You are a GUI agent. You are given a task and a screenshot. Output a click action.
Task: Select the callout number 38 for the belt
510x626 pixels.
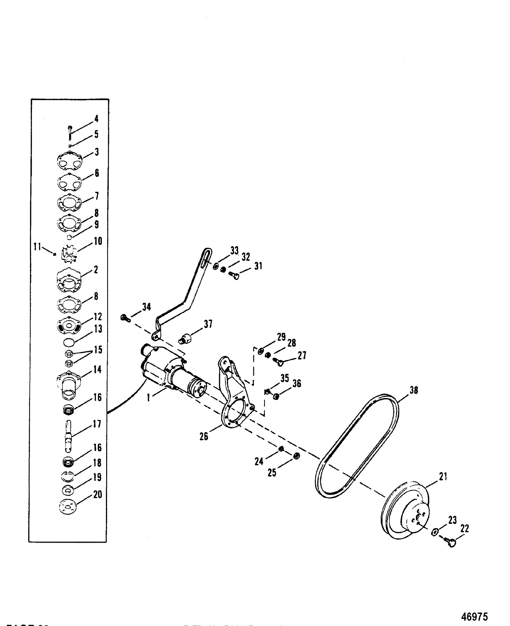tap(414, 390)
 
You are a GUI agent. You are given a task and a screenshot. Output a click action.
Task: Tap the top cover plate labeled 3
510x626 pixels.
tap(69, 161)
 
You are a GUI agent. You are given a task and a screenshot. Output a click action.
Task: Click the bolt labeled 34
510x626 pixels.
tap(125, 318)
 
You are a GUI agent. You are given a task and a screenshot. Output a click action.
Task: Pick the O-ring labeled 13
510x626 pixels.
tap(69, 342)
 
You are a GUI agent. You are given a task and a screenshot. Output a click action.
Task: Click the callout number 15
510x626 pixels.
tap(98, 350)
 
